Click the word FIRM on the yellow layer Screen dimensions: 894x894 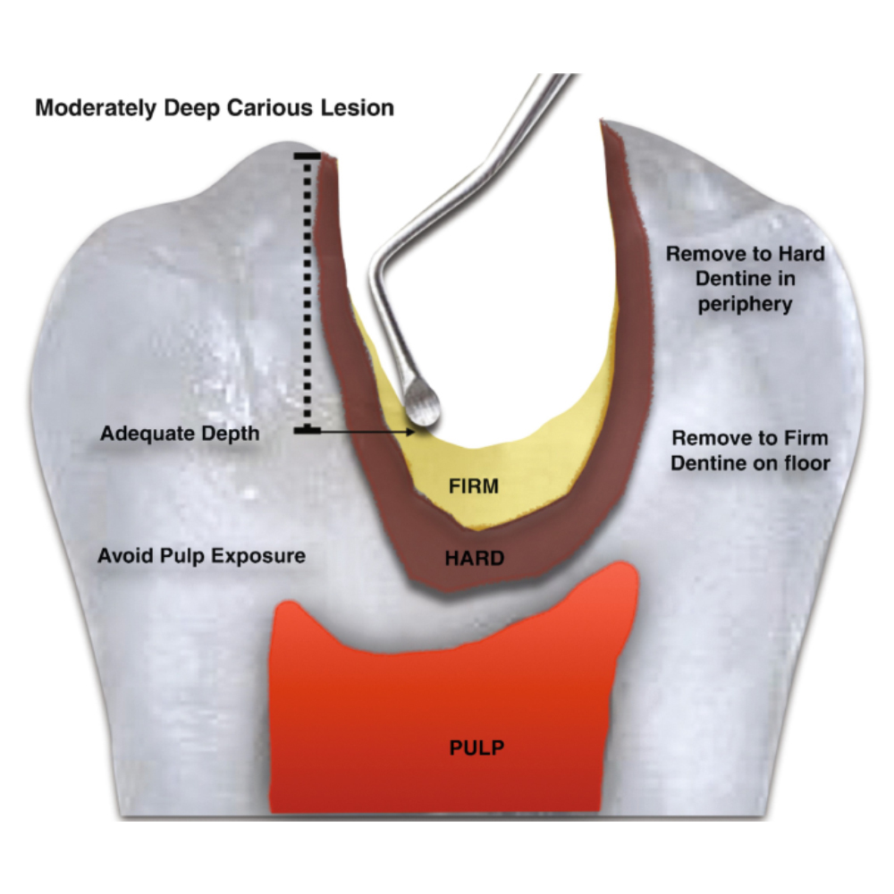click(474, 486)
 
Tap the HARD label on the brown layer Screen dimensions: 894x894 click(474, 559)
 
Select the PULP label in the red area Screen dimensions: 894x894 click(476, 746)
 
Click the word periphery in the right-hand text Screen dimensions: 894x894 click(746, 304)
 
